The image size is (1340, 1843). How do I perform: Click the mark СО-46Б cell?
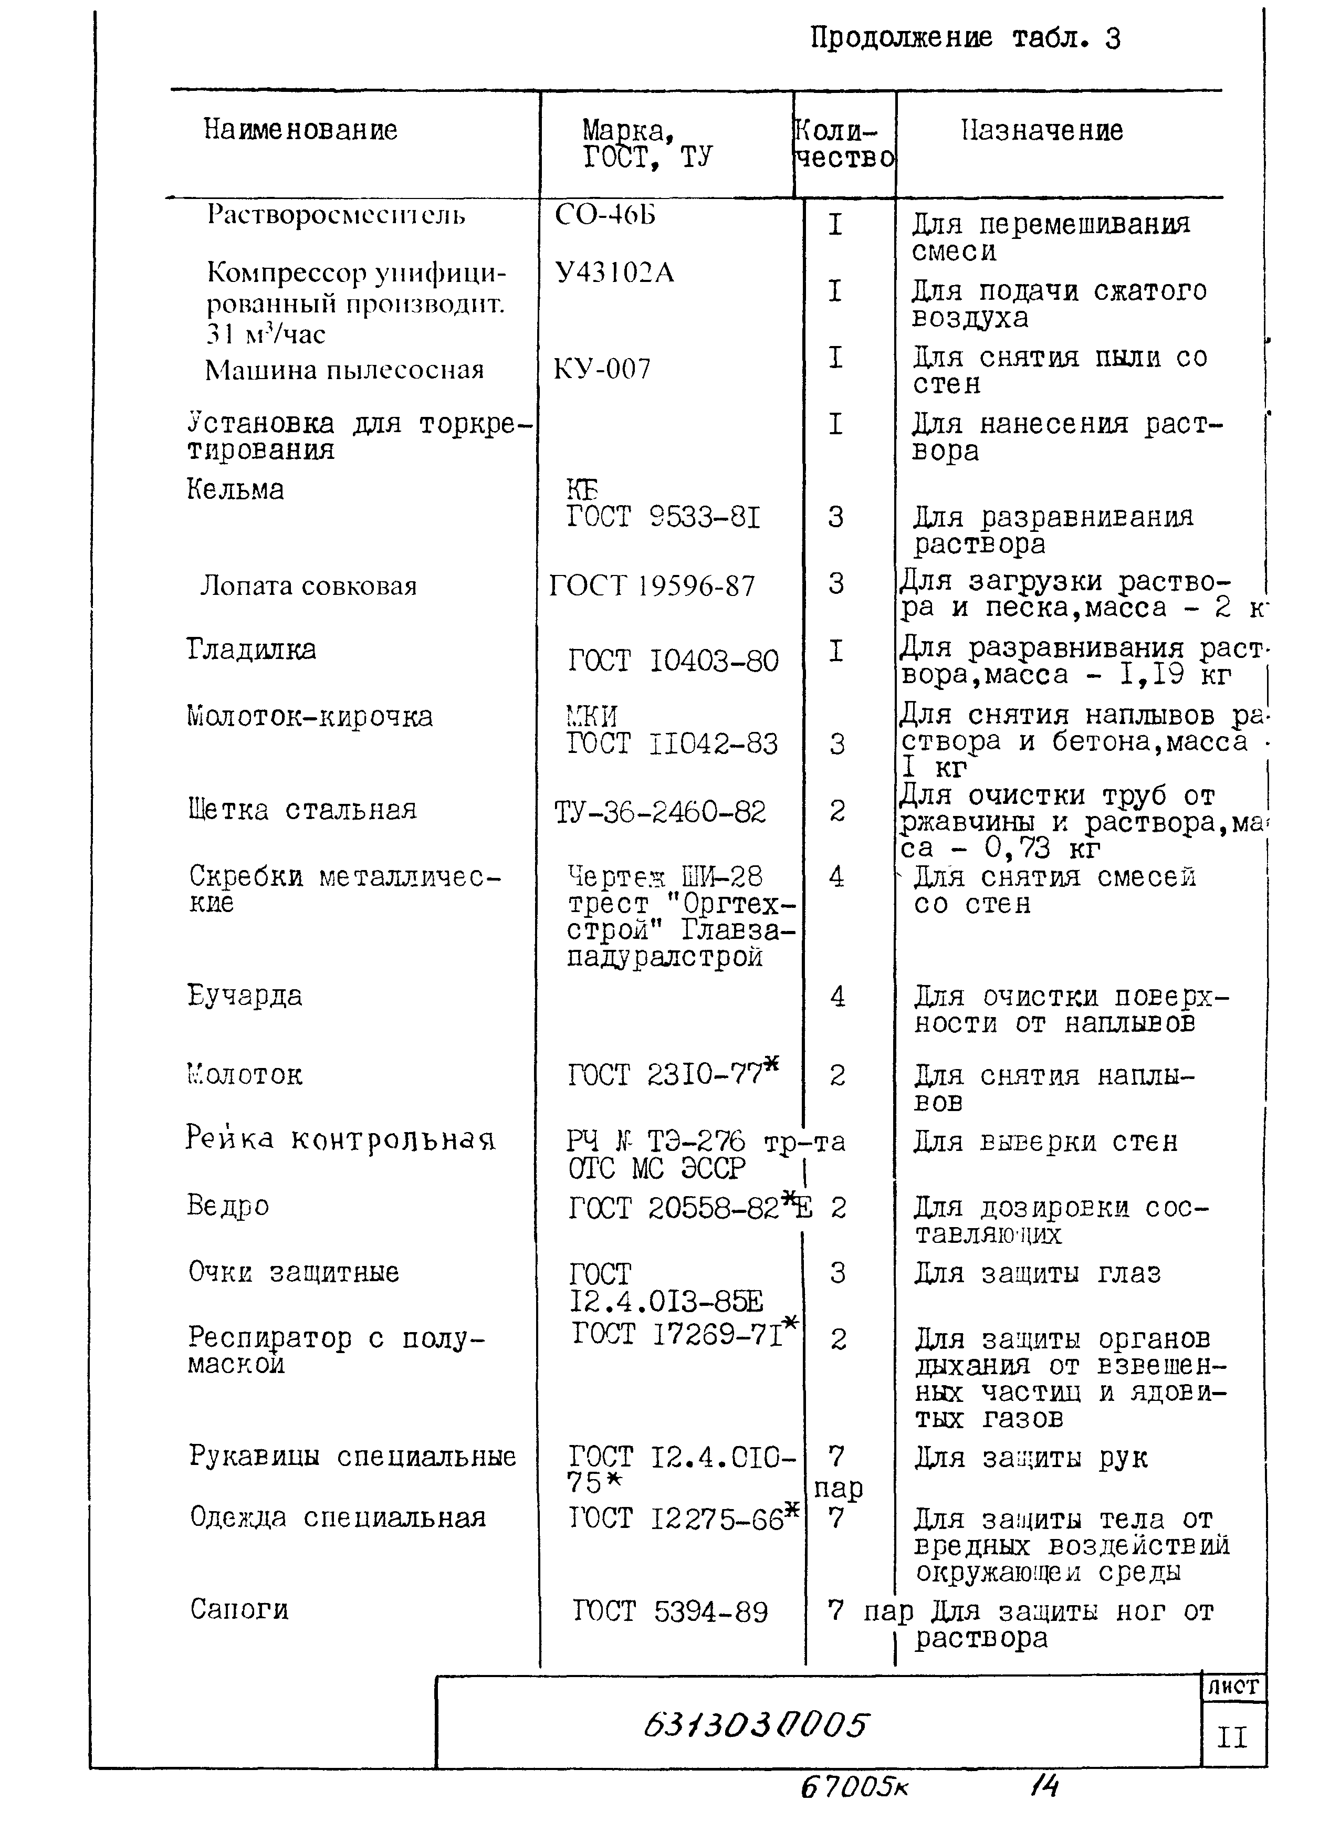(605, 215)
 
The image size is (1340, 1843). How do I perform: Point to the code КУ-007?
(602, 370)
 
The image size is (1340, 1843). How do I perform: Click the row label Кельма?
(236, 489)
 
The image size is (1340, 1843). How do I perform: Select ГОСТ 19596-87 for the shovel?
(653, 586)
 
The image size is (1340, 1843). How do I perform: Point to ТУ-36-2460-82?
(660, 812)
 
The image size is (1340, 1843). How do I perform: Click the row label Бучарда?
(245, 996)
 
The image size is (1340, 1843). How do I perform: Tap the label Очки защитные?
(294, 1272)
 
